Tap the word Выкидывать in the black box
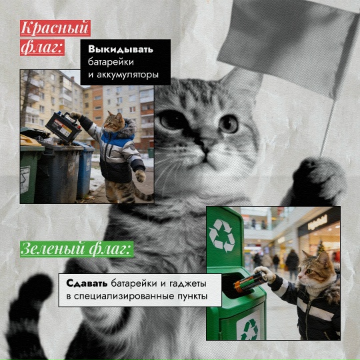121,49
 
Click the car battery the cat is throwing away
62,125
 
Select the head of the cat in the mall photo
313,267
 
